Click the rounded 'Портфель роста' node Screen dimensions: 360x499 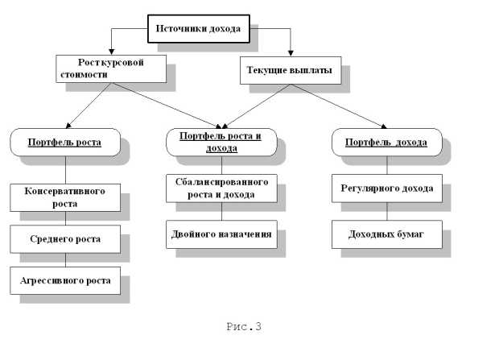coord(66,143)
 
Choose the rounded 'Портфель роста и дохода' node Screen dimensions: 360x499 coord(221,142)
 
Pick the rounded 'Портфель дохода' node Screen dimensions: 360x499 coord(386,143)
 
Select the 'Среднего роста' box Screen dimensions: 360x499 coord(66,239)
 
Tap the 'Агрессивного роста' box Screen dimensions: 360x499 coord(66,280)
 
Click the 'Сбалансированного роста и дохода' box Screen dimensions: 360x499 coord(221,188)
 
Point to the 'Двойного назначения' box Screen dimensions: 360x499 coord(221,234)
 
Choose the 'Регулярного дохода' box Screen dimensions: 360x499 coord(386,188)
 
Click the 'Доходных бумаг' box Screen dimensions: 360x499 coord(386,234)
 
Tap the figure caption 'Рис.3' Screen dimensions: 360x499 coord(245,326)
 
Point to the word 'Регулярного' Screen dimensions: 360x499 coord(371,188)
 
